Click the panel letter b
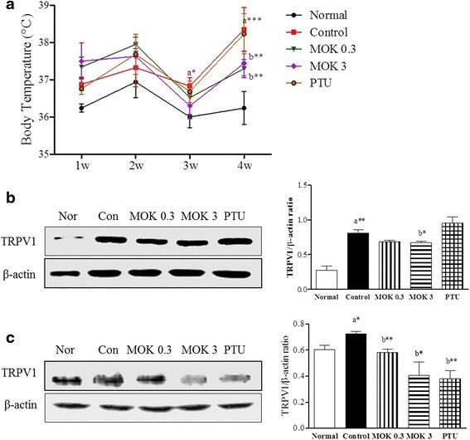point(7,200)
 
